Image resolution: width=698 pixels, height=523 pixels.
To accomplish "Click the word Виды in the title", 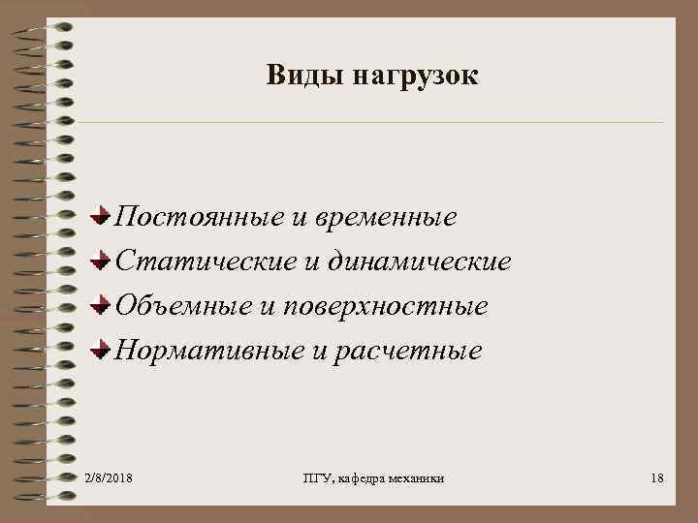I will click(297, 76).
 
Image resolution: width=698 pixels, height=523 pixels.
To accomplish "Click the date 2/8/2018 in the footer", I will click(110, 478).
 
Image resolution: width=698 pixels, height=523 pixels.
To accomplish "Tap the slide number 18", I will click(657, 478).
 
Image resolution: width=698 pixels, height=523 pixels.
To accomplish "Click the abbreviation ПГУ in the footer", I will click(316, 478).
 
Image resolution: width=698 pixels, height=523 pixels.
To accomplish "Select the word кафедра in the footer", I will click(361, 478).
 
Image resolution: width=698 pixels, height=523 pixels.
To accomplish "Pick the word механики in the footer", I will click(419, 478).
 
